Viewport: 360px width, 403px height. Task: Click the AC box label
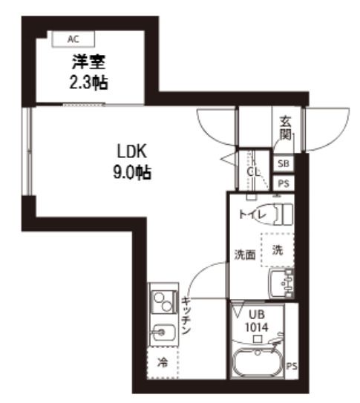click(72, 38)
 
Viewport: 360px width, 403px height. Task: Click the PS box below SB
click(284, 183)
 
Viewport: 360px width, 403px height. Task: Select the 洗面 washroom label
click(245, 255)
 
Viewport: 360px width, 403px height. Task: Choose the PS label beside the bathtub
click(292, 365)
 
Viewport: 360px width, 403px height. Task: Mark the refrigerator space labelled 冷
click(162, 364)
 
